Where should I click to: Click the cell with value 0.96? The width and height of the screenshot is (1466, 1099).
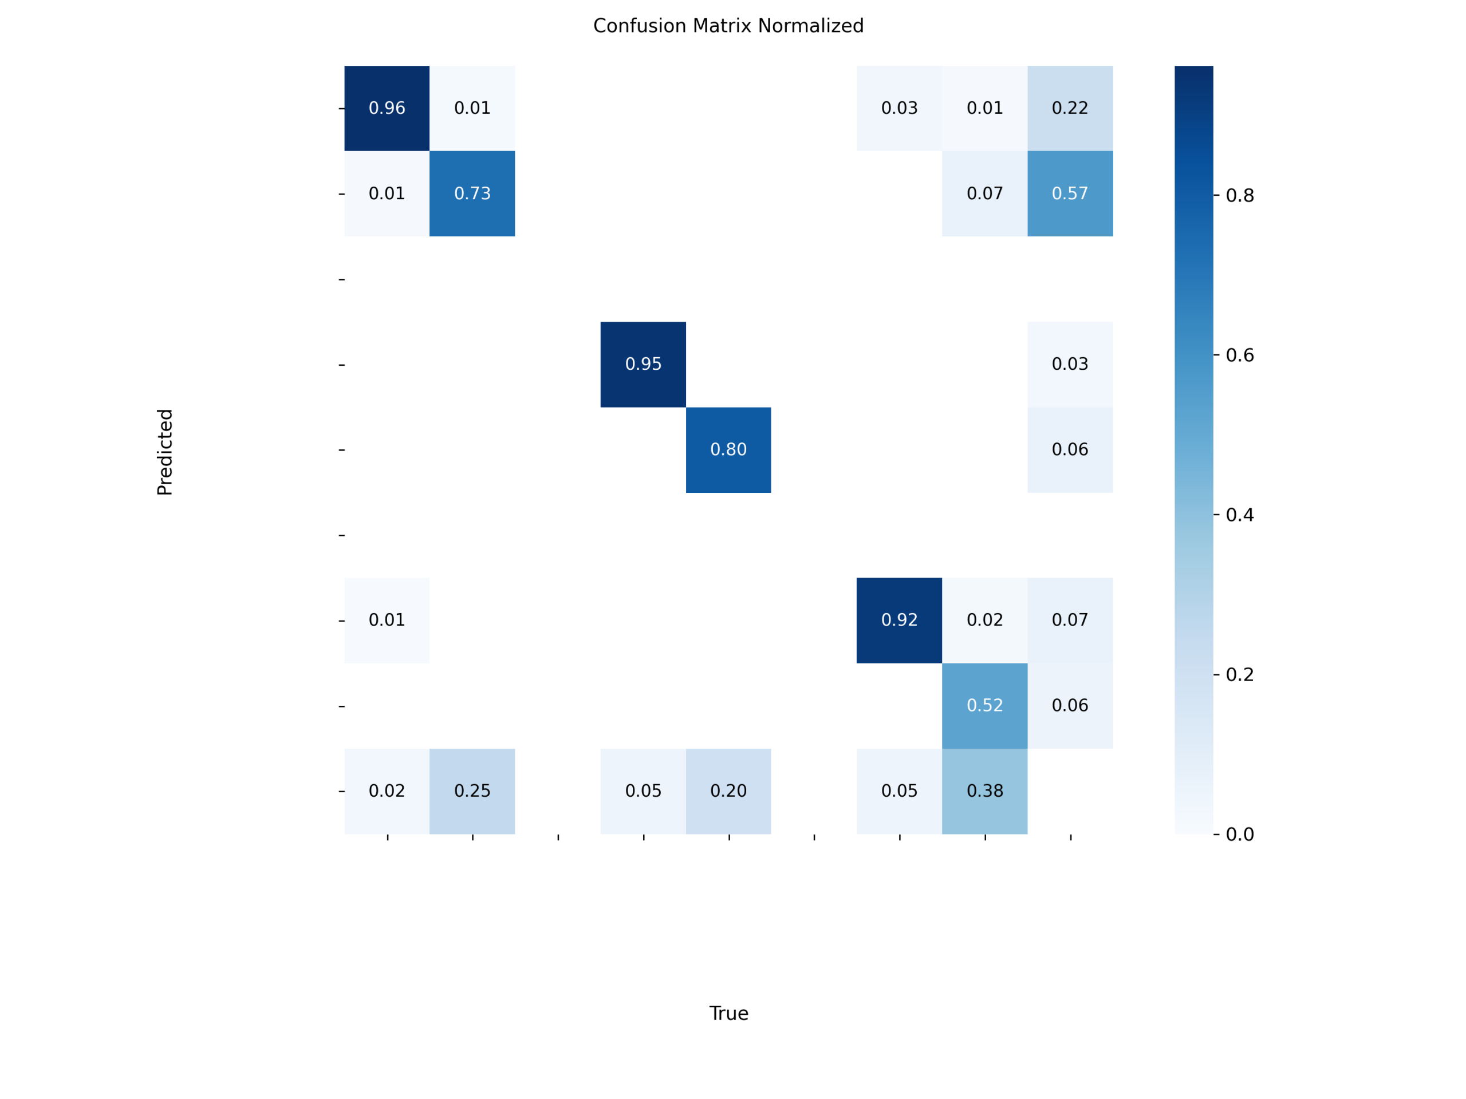[387, 108]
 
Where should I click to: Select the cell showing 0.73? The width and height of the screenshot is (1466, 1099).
[472, 193]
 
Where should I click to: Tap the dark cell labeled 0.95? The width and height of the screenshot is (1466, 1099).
[643, 365]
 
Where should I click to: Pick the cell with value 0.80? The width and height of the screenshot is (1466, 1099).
[728, 450]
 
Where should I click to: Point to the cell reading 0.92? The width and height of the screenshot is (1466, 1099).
[898, 620]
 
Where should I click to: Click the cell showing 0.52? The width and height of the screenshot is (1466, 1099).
[984, 706]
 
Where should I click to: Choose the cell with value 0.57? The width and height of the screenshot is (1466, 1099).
[1070, 193]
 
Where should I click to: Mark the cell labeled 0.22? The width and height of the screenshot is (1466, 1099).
[1070, 108]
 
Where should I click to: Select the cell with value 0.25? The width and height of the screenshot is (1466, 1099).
[472, 791]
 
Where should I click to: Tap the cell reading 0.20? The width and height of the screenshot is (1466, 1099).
[728, 791]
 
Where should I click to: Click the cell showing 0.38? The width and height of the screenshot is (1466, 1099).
[984, 791]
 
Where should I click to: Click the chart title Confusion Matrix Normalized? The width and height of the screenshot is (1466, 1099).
[728, 26]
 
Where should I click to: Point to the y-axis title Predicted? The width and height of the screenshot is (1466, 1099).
[165, 452]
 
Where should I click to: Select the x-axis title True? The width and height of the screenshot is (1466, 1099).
[728, 1014]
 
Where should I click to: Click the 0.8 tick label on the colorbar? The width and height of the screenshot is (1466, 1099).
[1240, 195]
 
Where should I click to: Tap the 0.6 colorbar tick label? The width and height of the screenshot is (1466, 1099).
[1240, 355]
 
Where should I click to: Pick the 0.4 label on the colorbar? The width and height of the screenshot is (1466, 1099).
[1240, 515]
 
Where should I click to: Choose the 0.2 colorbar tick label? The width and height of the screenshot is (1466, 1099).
[1240, 674]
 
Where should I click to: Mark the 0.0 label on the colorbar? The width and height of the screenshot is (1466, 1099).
[1240, 834]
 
